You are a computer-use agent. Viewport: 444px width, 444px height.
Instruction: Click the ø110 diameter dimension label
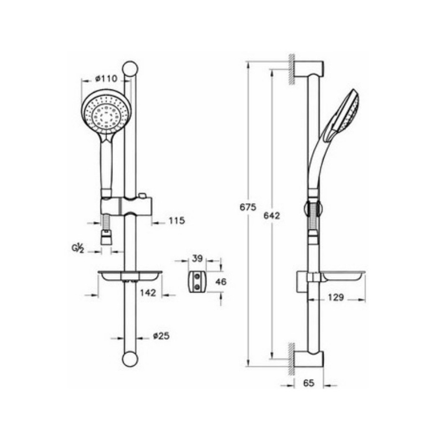(x=106, y=78)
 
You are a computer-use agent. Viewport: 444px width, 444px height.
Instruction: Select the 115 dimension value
(x=176, y=220)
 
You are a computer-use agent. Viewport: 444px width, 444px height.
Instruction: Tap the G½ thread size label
(x=78, y=248)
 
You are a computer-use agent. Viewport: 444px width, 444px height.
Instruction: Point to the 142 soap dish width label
(x=148, y=292)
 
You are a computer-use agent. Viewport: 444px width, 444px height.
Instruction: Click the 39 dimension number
(x=198, y=258)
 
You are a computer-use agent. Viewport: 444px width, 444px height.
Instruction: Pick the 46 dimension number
(x=221, y=282)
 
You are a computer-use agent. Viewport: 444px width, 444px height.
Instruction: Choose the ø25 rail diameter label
(x=161, y=336)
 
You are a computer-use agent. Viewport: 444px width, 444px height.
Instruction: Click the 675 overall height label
(x=248, y=207)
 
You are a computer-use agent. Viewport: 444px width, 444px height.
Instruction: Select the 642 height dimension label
(x=271, y=215)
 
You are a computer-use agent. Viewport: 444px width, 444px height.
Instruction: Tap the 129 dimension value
(x=336, y=297)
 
